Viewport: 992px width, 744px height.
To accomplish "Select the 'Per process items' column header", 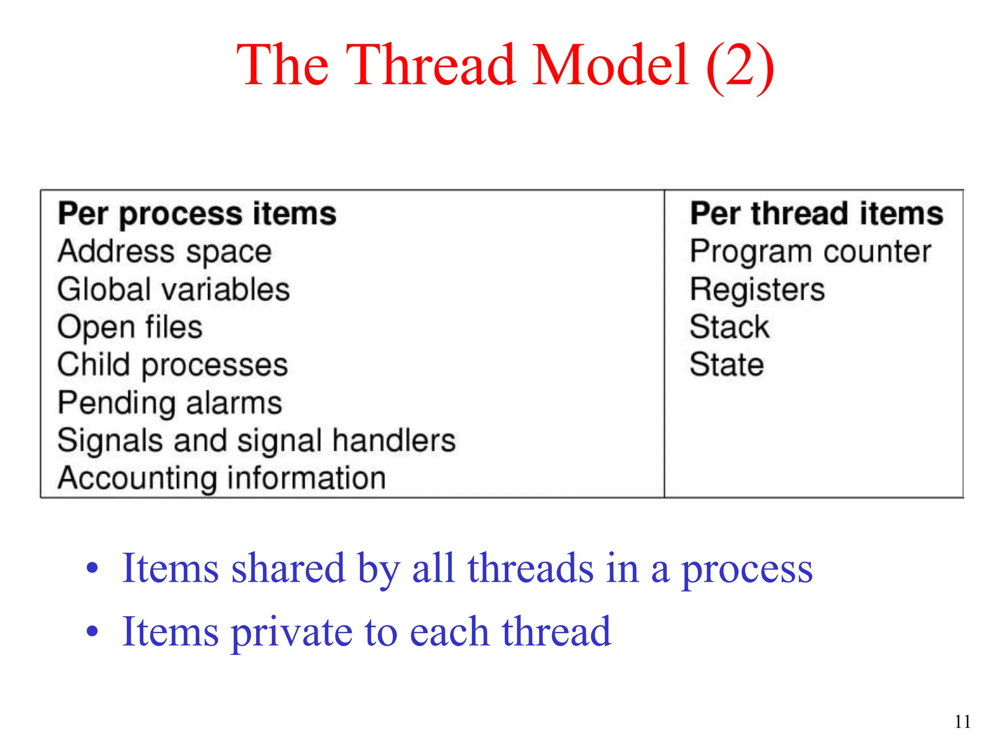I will [x=197, y=214].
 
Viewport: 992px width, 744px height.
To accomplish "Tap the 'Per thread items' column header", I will [x=817, y=214].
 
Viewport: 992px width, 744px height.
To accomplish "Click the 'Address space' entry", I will [x=164, y=252].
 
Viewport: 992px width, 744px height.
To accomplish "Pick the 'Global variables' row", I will [x=173, y=290].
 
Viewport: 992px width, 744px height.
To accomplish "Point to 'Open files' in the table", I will [x=130, y=327].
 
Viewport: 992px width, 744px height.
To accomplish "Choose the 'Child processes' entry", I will [x=172, y=365].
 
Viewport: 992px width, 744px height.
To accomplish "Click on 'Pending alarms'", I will [x=170, y=403].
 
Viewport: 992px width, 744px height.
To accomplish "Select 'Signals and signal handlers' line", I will [x=256, y=441].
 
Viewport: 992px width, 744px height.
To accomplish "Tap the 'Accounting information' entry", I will [x=221, y=479].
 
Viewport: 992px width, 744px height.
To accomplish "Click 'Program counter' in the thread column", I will [x=810, y=252].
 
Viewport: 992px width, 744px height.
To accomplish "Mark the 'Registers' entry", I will [x=757, y=290].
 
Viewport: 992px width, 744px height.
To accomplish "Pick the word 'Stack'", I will [x=729, y=327].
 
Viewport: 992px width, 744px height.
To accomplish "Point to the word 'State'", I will [x=727, y=365].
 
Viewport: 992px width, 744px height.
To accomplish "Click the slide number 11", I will [x=962, y=722].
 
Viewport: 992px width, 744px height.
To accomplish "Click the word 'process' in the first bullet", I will [x=747, y=570].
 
